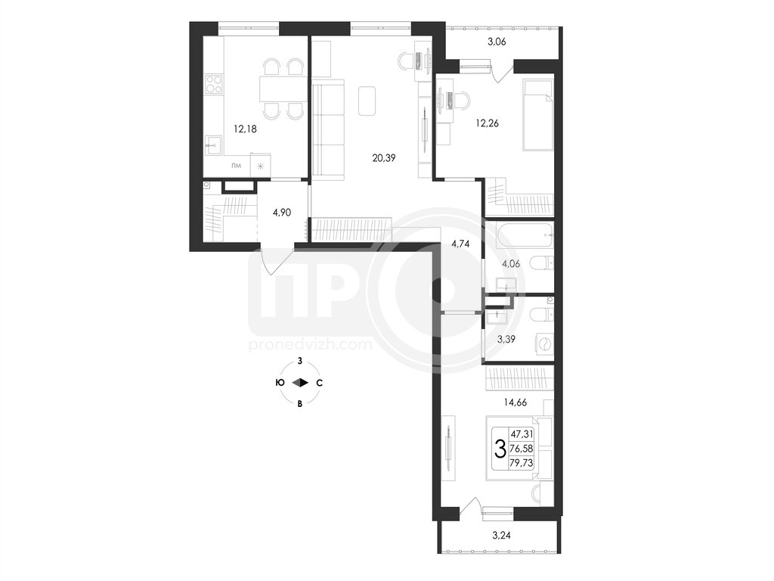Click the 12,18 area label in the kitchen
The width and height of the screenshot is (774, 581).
tap(245, 129)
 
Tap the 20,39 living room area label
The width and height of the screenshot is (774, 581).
tap(383, 158)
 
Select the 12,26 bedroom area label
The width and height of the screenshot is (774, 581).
tap(488, 123)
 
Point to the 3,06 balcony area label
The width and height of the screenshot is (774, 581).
tap(497, 42)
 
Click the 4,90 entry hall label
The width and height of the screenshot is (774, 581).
tap(281, 213)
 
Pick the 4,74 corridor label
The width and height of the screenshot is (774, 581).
tap(460, 244)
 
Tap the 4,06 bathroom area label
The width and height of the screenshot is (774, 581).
tap(511, 264)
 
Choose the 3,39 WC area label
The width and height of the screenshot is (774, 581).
tap(506, 339)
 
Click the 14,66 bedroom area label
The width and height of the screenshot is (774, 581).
tap(515, 402)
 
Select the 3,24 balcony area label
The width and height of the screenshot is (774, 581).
tap(502, 534)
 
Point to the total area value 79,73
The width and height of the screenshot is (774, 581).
tap(522, 464)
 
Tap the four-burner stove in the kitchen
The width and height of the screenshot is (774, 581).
tap(214, 84)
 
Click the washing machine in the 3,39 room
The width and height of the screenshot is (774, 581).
tap(543, 345)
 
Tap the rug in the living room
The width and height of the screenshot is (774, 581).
tap(367, 101)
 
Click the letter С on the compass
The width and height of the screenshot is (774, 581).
tap(320, 383)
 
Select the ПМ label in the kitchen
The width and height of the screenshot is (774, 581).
tap(237, 166)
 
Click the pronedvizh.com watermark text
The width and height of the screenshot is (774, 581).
tap(311, 344)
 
